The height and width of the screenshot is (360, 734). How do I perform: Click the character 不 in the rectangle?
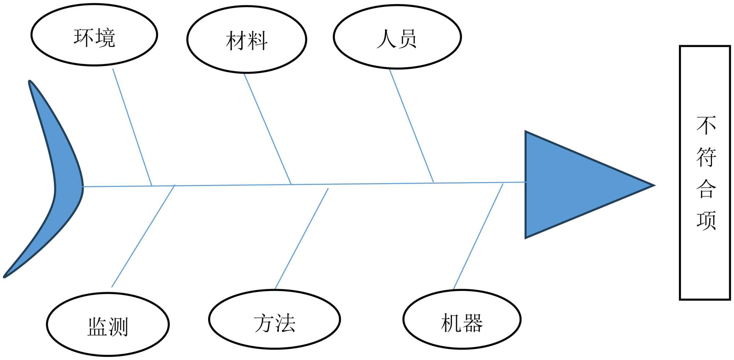point(706,125)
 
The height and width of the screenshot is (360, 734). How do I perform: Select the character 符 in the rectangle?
point(706,157)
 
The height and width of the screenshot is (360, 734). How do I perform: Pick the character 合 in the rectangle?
point(706,189)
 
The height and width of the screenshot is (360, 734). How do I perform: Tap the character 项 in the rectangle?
point(706,221)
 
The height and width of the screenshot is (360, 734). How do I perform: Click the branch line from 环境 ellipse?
point(132,127)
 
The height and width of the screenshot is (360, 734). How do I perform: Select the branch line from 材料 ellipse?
point(268,128)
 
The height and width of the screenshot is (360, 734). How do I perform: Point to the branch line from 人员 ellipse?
point(411,126)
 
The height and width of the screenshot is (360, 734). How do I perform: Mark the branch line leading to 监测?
point(143,236)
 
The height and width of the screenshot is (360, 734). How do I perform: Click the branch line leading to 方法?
point(301,239)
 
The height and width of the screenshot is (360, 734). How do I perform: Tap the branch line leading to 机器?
point(478,236)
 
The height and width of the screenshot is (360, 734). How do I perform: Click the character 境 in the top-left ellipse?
point(105,37)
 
